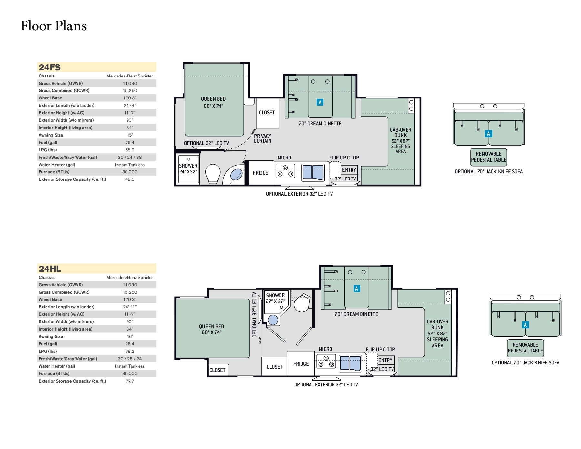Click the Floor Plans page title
[x=54, y=26]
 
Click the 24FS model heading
[x=50, y=67]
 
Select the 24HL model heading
[x=50, y=269]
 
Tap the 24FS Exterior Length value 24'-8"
[x=129, y=105]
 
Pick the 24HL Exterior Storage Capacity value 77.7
[x=129, y=381]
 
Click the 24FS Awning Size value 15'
[x=130, y=135]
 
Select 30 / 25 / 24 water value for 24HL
[x=129, y=359]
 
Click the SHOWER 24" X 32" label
[x=188, y=168]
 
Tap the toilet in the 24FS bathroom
[x=212, y=173]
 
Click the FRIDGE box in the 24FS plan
[x=260, y=173]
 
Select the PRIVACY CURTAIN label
[x=262, y=138]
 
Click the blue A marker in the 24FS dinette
[x=320, y=102]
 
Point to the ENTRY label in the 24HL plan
[x=385, y=360]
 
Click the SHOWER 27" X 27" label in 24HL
[x=275, y=298]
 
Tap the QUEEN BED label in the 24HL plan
[x=211, y=329]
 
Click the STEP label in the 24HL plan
[x=260, y=341]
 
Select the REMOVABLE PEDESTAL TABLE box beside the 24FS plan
[x=488, y=157]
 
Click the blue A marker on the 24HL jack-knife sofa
[x=525, y=325]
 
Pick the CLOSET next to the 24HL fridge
[x=274, y=367]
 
